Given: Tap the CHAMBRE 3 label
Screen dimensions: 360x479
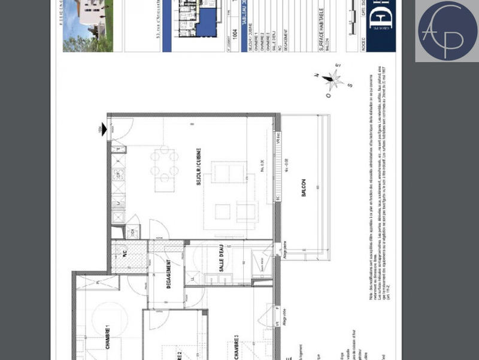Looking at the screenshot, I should coord(237,346).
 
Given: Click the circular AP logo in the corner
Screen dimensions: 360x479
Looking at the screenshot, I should coord(447,31).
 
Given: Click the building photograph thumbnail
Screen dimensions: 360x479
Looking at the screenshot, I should coord(87,25).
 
